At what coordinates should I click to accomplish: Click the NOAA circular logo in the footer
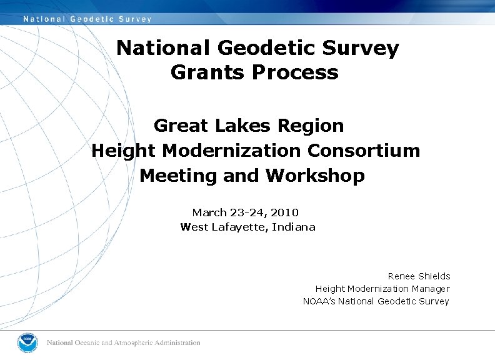tap(27, 342)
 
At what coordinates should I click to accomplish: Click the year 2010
tap(284, 212)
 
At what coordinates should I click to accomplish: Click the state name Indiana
tap(295, 227)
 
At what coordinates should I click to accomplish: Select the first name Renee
tap(401, 276)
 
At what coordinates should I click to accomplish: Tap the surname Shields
tap(434, 276)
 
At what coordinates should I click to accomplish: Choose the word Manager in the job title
tap(431, 289)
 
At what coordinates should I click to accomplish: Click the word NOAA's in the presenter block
tap(321, 301)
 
